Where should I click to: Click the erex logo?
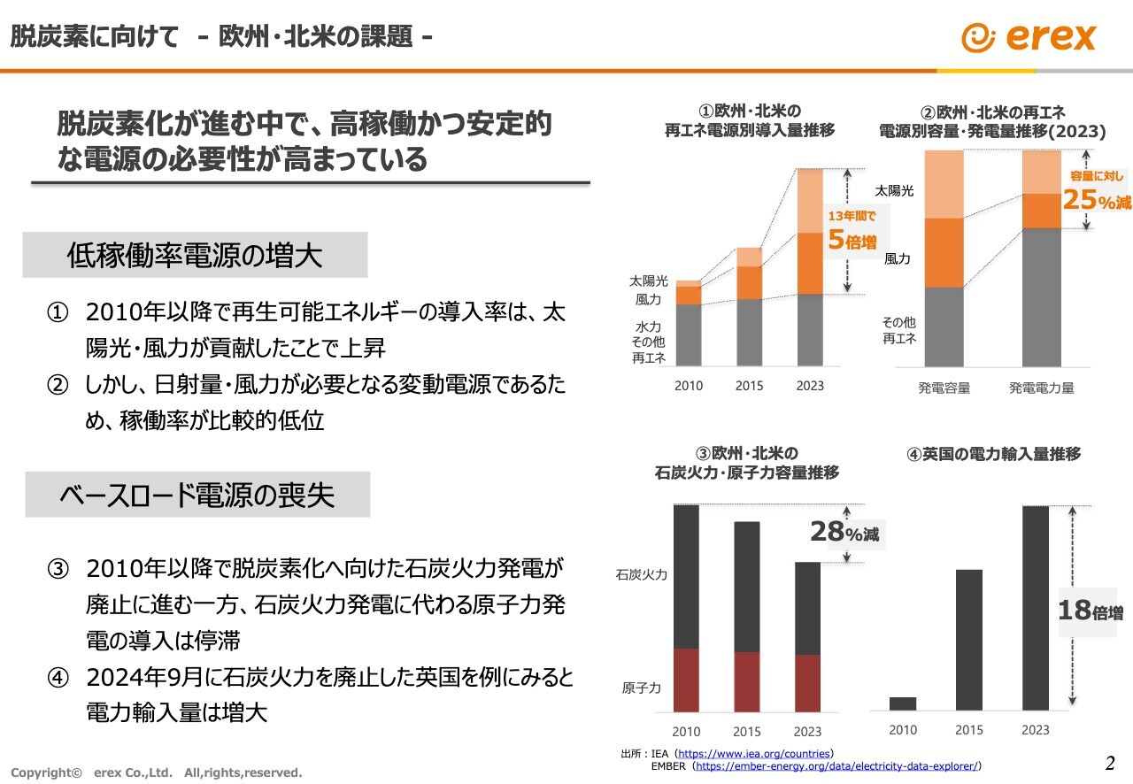pos(1029,37)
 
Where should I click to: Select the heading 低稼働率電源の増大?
pos(195,256)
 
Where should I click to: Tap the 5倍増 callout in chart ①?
pos(852,231)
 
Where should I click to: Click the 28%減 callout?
pos(847,533)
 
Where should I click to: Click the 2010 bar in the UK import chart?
pos(902,703)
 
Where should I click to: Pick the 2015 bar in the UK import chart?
pos(969,639)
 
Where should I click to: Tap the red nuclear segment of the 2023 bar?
pos(807,683)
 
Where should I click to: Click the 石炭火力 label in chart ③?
pos(641,575)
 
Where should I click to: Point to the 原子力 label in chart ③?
pos(641,688)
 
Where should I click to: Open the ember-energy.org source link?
pos(837,766)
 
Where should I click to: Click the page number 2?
pos(1110,763)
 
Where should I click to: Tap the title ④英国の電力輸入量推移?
pos(993,454)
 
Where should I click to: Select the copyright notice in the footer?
pos(156,772)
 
